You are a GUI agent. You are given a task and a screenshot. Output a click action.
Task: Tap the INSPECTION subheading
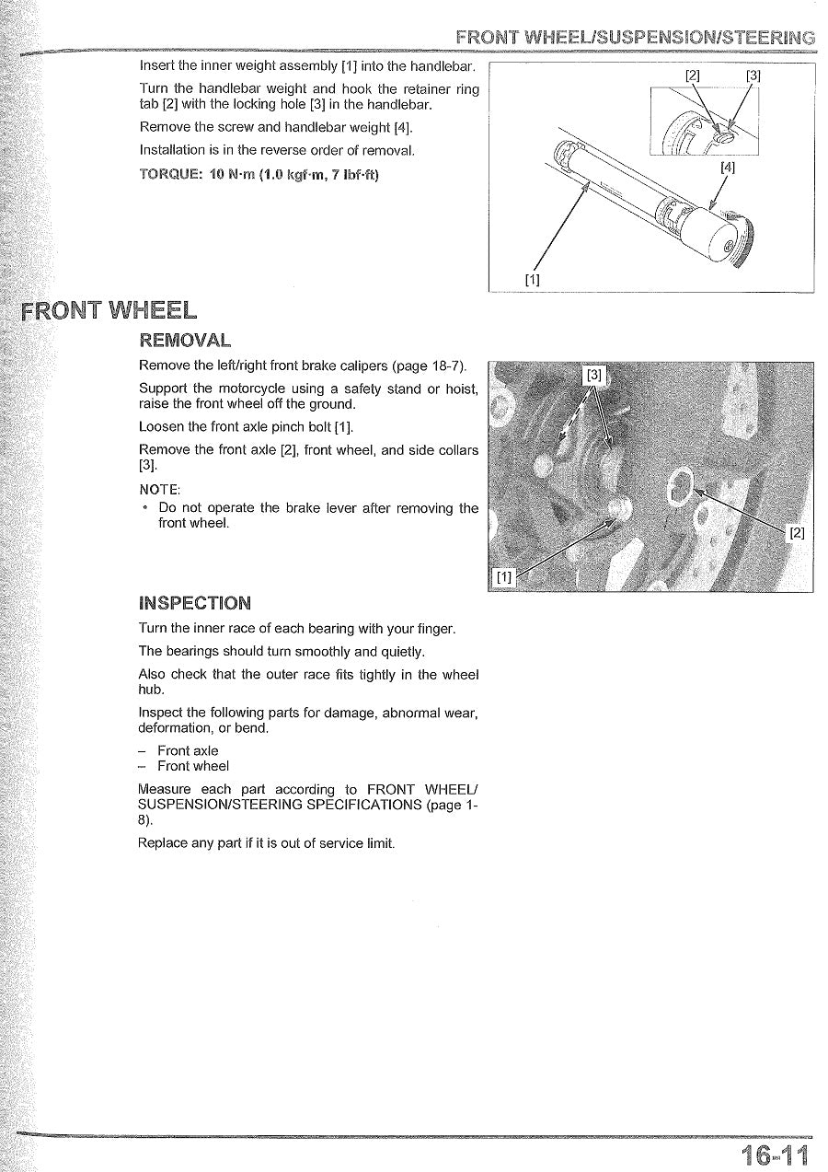click(194, 603)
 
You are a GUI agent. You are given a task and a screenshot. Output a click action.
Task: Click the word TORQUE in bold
click(167, 174)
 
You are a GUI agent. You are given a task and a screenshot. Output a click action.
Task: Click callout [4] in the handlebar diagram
click(728, 168)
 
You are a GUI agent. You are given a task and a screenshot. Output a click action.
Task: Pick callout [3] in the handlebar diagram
click(753, 75)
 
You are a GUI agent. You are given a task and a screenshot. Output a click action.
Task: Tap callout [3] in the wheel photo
click(595, 375)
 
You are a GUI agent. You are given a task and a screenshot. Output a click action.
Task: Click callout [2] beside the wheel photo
click(797, 533)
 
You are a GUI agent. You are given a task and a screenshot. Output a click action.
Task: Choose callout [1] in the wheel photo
click(503, 577)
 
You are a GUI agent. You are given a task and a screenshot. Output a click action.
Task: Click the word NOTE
click(160, 488)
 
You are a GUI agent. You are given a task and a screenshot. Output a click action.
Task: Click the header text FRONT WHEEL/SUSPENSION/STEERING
click(635, 38)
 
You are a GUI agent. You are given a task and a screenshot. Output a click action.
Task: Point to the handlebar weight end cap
click(721, 237)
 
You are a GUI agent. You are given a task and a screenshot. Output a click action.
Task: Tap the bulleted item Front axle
click(188, 750)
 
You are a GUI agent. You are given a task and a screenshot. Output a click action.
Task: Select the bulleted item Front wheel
click(193, 766)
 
